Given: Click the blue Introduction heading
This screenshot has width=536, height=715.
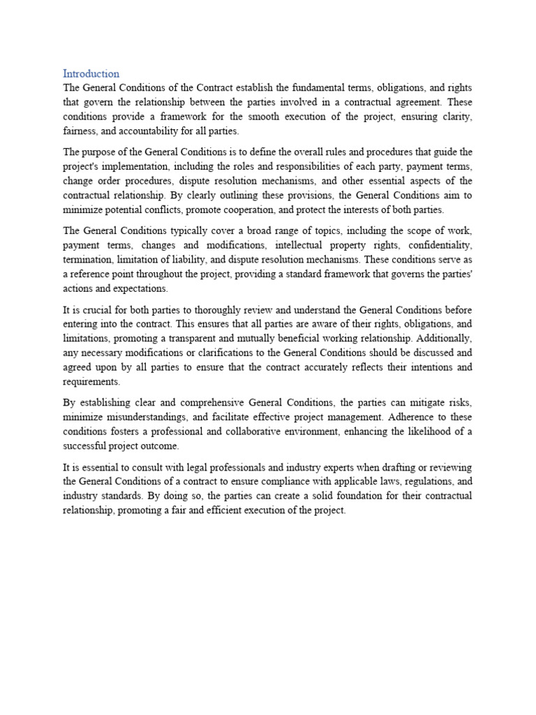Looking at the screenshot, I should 91,73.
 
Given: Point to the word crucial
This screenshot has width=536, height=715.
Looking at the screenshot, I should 93,309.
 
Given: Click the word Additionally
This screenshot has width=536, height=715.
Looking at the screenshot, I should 444,338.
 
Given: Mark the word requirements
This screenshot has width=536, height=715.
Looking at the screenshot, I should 91,381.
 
